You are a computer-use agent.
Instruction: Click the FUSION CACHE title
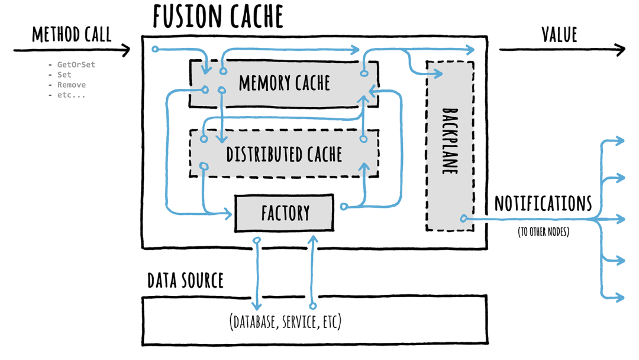(x=218, y=17)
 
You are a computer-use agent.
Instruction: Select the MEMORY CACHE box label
(x=285, y=83)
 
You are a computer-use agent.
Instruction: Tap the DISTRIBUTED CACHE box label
(x=285, y=155)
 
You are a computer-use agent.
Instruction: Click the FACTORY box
(x=285, y=213)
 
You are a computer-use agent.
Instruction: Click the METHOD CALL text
(x=72, y=34)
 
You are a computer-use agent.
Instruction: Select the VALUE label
(x=559, y=34)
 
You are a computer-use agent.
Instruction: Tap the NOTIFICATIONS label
(x=543, y=204)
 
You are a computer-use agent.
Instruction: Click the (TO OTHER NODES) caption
(x=543, y=232)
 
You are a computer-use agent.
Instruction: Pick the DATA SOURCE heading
(x=185, y=281)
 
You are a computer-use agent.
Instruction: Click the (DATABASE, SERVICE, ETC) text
(x=285, y=322)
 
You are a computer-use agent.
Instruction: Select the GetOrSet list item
(x=76, y=65)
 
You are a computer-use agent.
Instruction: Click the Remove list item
(x=71, y=85)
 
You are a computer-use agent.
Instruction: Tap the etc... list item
(x=71, y=95)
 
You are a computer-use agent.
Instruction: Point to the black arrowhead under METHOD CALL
(x=125, y=50)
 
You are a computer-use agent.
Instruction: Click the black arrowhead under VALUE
(x=619, y=50)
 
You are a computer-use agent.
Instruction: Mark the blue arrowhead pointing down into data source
(x=257, y=306)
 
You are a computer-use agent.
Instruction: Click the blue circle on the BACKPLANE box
(x=463, y=218)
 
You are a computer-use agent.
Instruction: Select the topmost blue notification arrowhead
(x=619, y=141)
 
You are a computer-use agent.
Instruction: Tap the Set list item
(x=64, y=75)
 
